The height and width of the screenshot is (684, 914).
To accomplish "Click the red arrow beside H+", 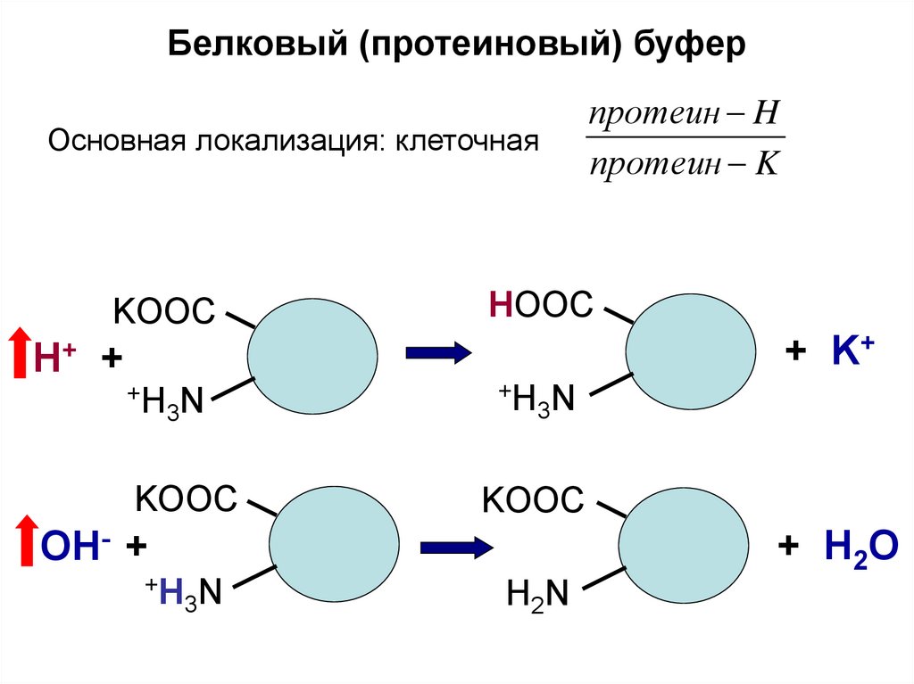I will (18, 354).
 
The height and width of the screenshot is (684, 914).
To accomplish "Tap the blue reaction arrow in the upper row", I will (437, 353).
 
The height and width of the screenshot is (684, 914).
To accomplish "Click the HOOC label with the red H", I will (541, 306).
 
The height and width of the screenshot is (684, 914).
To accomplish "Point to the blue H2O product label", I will (854, 546).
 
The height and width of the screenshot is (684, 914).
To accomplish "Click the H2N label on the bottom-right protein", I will (536, 593).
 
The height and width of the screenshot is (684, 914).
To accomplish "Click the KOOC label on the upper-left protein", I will (163, 312).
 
